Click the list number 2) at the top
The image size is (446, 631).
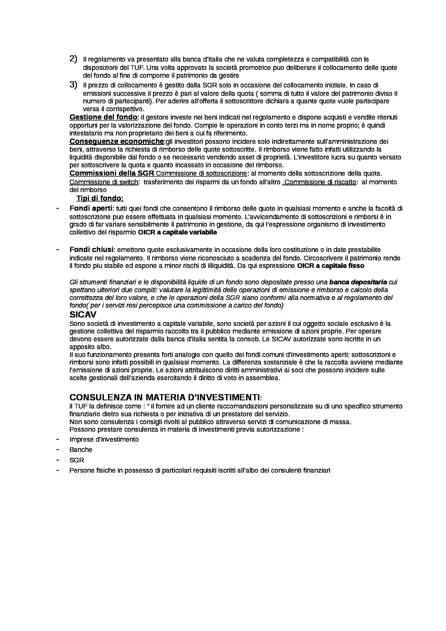(73, 59)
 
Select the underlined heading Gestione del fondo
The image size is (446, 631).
(103, 117)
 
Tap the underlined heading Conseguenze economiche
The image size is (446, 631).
(117, 142)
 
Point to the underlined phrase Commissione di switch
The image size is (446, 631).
(104, 182)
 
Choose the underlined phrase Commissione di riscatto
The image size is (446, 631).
(320, 182)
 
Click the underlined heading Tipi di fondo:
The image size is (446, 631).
(100, 198)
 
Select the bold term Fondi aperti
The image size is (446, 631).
(91, 208)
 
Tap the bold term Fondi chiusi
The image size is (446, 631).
(91, 250)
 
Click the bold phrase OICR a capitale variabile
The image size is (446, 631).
(177, 232)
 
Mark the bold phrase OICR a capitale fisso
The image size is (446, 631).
(331, 266)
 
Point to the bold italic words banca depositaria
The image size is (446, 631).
(358, 282)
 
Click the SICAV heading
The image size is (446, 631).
(83, 314)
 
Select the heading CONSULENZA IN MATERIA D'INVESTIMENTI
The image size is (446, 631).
(164, 397)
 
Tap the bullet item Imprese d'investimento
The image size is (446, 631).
(104, 439)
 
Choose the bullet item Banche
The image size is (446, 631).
(81, 450)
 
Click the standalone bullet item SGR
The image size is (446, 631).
(77, 460)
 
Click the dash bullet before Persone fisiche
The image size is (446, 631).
(58, 470)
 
